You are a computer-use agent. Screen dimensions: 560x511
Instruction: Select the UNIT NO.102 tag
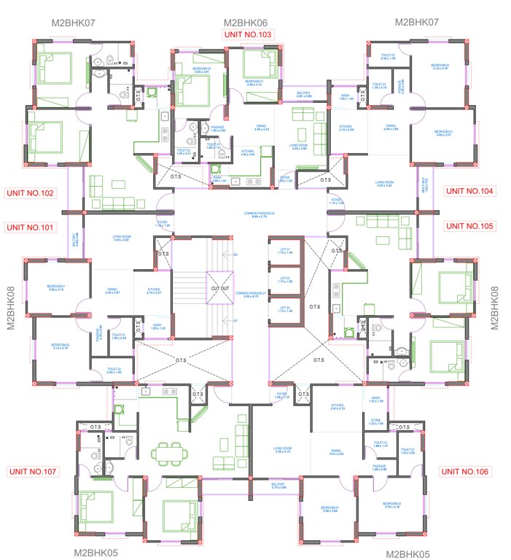(x=30, y=193)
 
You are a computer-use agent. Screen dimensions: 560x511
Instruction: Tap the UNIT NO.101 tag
(x=30, y=227)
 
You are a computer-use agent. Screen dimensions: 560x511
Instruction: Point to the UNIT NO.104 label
(x=469, y=191)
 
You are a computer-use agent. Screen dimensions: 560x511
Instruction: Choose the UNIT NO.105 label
(x=469, y=226)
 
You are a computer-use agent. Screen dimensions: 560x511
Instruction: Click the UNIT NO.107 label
(x=32, y=472)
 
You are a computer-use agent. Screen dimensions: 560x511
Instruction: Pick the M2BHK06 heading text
(x=246, y=23)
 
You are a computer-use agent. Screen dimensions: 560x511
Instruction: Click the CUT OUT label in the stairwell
(x=220, y=288)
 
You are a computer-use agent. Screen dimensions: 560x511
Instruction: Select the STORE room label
(x=375, y=421)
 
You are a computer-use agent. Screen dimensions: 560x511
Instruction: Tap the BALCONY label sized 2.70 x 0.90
(x=277, y=486)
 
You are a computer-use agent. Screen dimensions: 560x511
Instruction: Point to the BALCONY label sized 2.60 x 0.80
(x=303, y=94)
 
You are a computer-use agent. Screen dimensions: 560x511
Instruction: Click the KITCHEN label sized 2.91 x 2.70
(x=337, y=407)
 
